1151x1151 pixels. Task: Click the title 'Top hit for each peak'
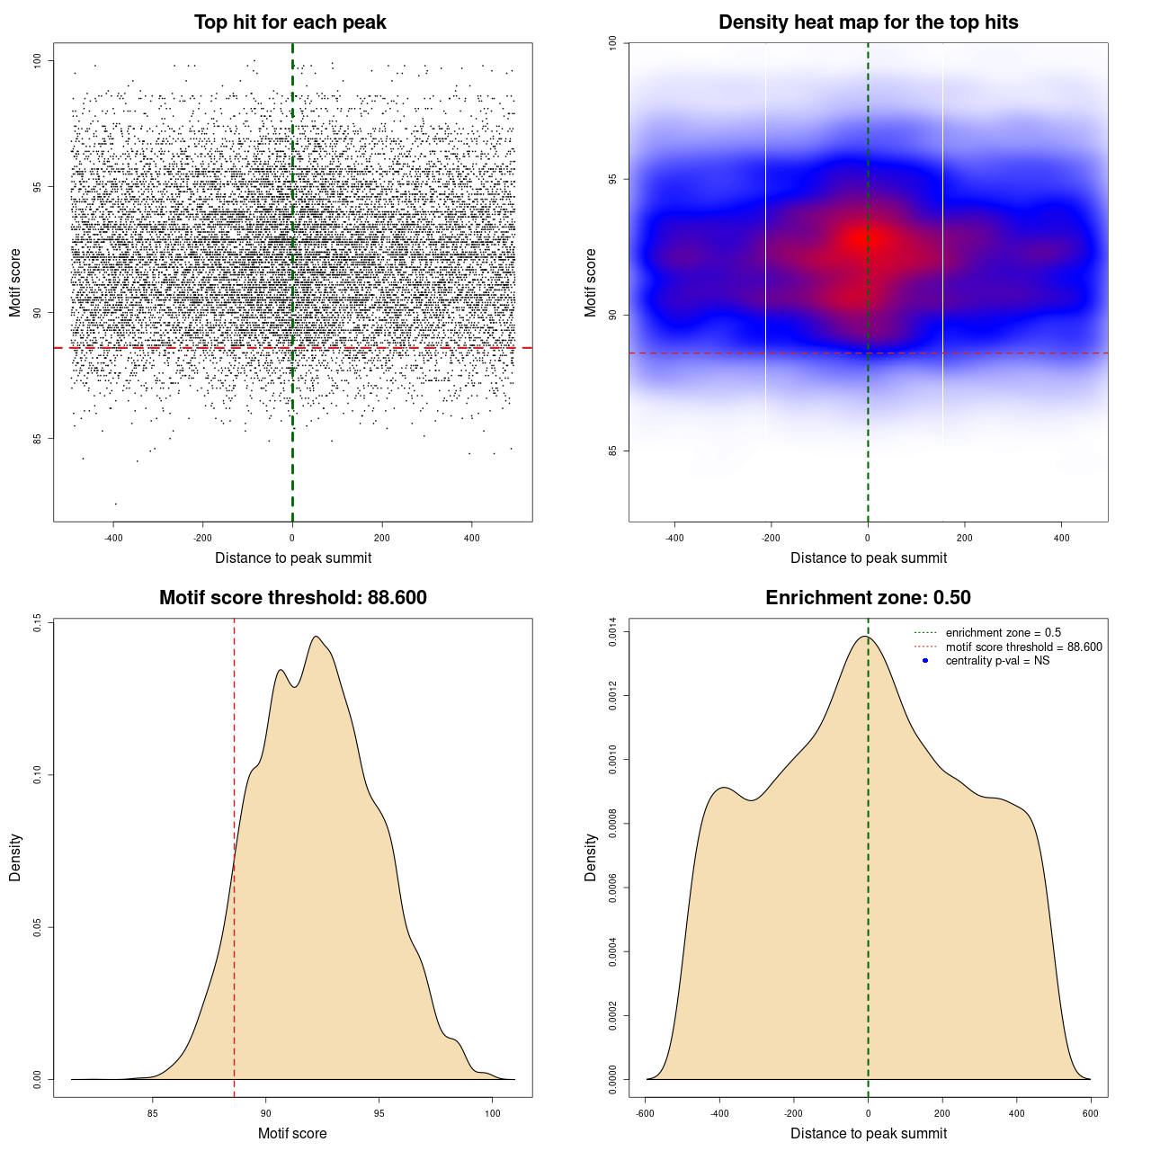pyautogui.click(x=290, y=22)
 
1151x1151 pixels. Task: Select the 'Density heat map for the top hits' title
pyautogui.click(x=868, y=22)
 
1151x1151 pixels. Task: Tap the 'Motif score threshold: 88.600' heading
pyautogui.click(x=292, y=598)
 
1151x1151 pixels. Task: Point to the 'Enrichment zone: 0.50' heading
pyautogui.click(x=868, y=598)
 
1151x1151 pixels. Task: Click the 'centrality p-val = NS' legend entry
pyautogui.click(x=997, y=661)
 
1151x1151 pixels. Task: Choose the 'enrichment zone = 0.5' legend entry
pyautogui.click(x=1003, y=633)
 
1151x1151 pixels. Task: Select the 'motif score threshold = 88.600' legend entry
pyautogui.click(x=1023, y=647)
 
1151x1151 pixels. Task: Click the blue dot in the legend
pyautogui.click(x=925, y=661)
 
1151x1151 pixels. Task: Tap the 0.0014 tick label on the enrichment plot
pyautogui.click(x=613, y=632)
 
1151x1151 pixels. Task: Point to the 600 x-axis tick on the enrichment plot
pyautogui.click(x=1091, y=1113)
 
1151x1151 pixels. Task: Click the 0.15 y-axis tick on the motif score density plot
pyautogui.click(x=38, y=622)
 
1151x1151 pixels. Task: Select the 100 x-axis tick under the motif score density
pyautogui.click(x=492, y=1113)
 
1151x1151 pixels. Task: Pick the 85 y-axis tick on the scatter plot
pyautogui.click(x=38, y=439)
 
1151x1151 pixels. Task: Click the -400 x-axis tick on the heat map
pyautogui.click(x=674, y=538)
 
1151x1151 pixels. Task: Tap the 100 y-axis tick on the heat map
pyautogui.click(x=613, y=43)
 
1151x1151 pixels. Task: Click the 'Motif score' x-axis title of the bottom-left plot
pyautogui.click(x=292, y=1133)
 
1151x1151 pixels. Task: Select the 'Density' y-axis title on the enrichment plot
pyautogui.click(x=591, y=857)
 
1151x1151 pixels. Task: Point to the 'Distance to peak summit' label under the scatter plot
pyautogui.click(x=293, y=558)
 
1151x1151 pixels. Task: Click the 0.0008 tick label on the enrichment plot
pyautogui.click(x=613, y=824)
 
